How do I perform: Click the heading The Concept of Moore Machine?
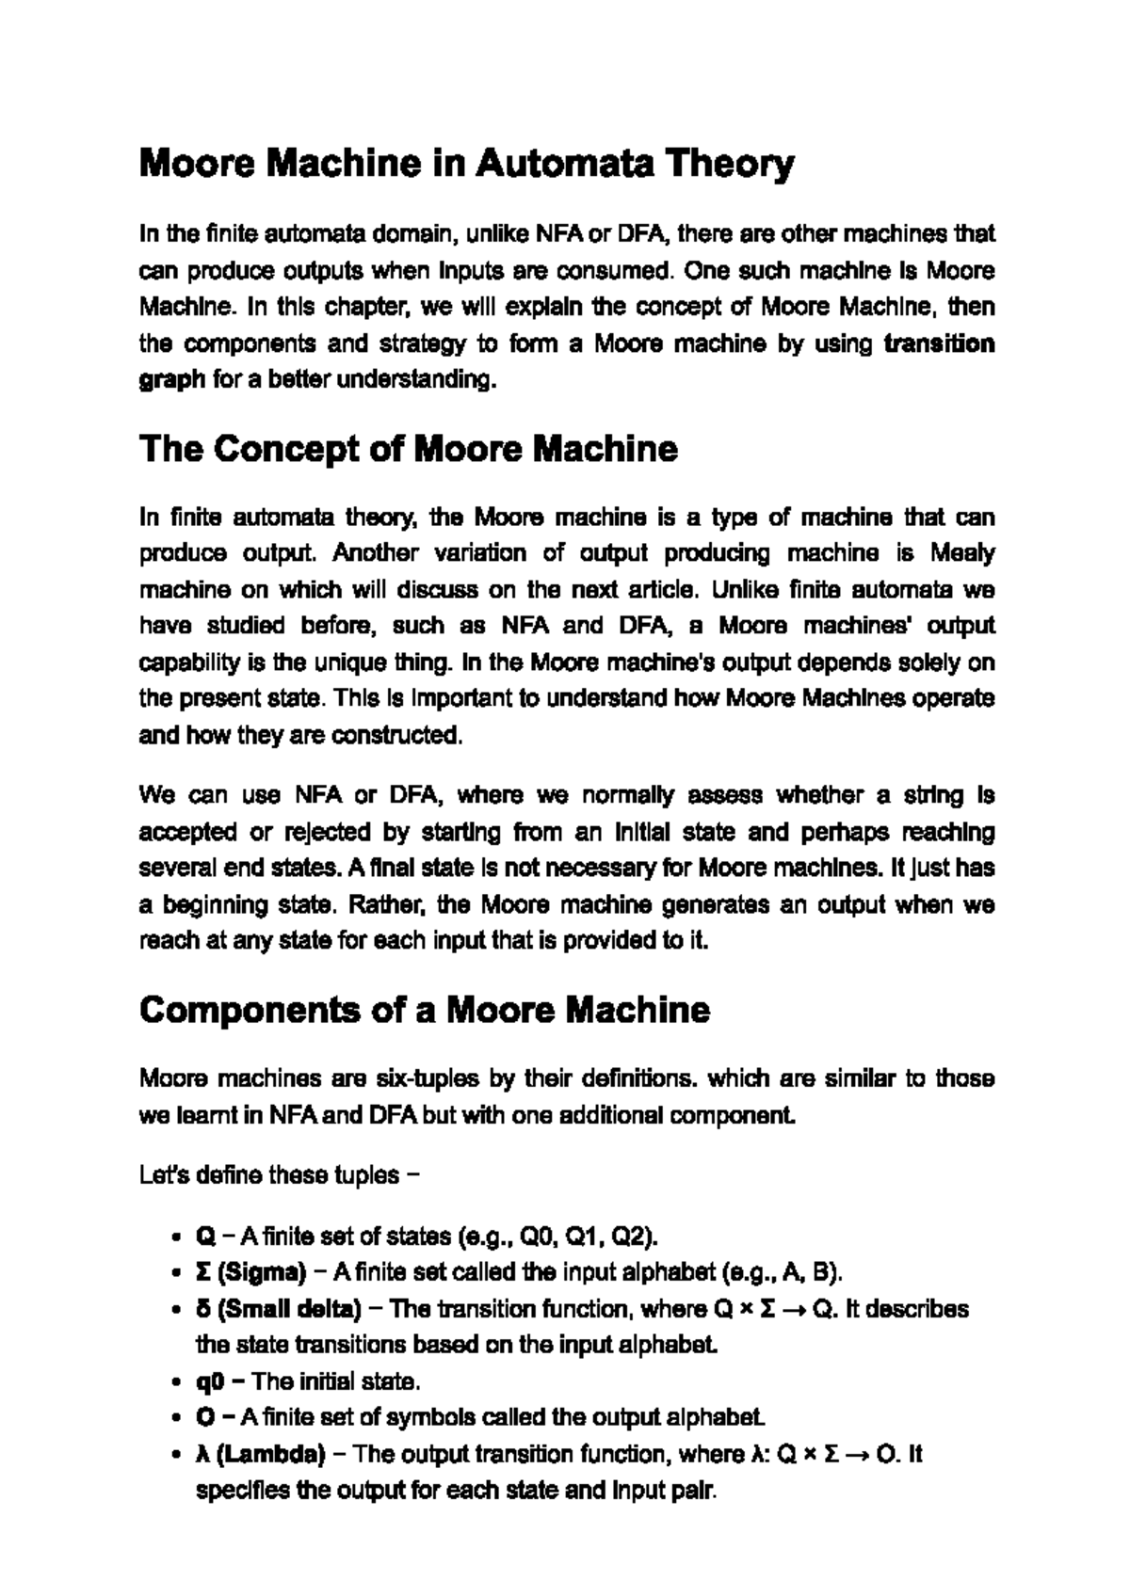[408, 449]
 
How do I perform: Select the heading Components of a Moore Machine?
[424, 1010]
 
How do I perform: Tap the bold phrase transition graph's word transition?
[939, 343]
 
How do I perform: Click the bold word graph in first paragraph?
[171, 380]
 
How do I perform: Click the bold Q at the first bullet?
[205, 1236]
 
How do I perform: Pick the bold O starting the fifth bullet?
[205, 1417]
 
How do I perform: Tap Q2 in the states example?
[632, 1236]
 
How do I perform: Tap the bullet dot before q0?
[177, 1382]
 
